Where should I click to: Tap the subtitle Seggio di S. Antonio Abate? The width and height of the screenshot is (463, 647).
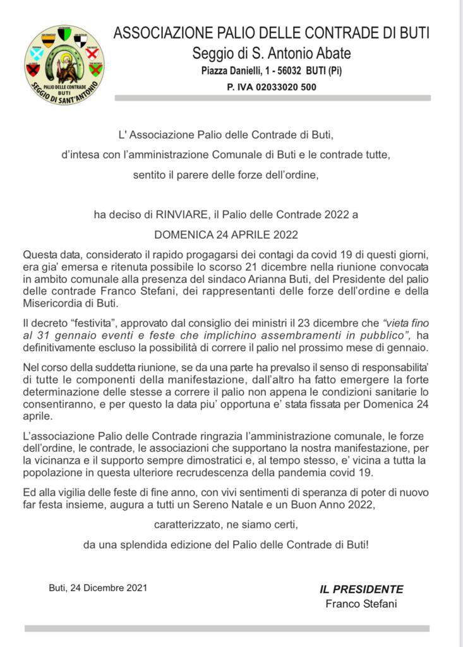[272, 53]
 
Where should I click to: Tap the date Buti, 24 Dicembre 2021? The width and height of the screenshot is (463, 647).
[98, 588]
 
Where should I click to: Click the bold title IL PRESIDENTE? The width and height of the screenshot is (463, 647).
[361, 589]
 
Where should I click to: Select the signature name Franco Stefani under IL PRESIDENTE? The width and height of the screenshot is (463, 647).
[361, 603]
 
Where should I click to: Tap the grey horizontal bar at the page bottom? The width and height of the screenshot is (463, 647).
[227, 628]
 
